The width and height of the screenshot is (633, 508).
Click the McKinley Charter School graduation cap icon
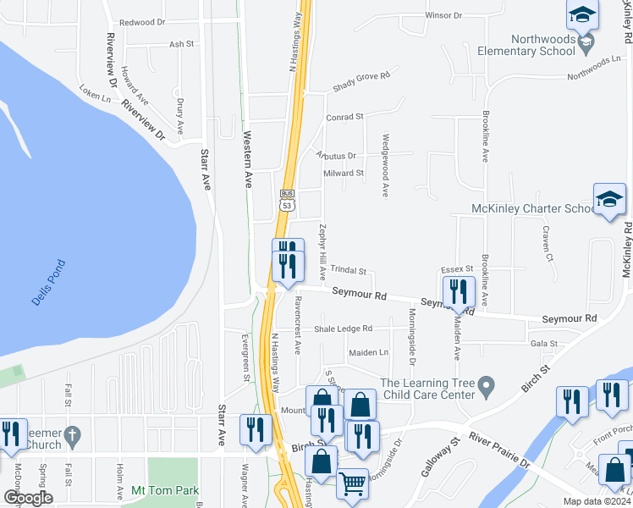pos(609,201)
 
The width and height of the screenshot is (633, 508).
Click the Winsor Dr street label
pos(443,15)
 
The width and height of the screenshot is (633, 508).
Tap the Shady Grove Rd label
pos(361,75)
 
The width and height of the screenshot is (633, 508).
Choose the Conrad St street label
pos(344,116)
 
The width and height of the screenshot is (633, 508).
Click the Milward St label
pos(343,173)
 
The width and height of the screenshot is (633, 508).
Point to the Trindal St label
pos(348,272)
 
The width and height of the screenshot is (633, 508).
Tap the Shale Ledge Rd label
pos(343,329)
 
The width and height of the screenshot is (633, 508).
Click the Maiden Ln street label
pos(368,352)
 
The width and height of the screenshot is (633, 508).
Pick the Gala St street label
pos(544,344)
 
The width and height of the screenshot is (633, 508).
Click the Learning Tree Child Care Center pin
pos(486,387)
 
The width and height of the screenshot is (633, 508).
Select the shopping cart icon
pos(353,485)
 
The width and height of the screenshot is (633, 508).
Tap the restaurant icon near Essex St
pos(459,293)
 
